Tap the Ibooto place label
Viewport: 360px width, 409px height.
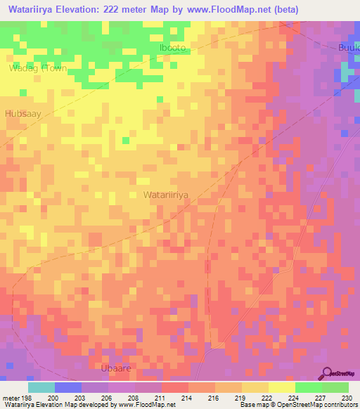[174, 48]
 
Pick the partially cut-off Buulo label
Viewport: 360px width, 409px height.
[347, 46]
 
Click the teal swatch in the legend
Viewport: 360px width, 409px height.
[41, 387]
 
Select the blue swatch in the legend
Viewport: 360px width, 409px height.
[68, 387]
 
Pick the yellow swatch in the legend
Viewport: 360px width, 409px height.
[281, 387]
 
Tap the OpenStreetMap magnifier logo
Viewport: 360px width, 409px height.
[327, 373]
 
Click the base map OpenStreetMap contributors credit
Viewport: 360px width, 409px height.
[297, 405]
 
